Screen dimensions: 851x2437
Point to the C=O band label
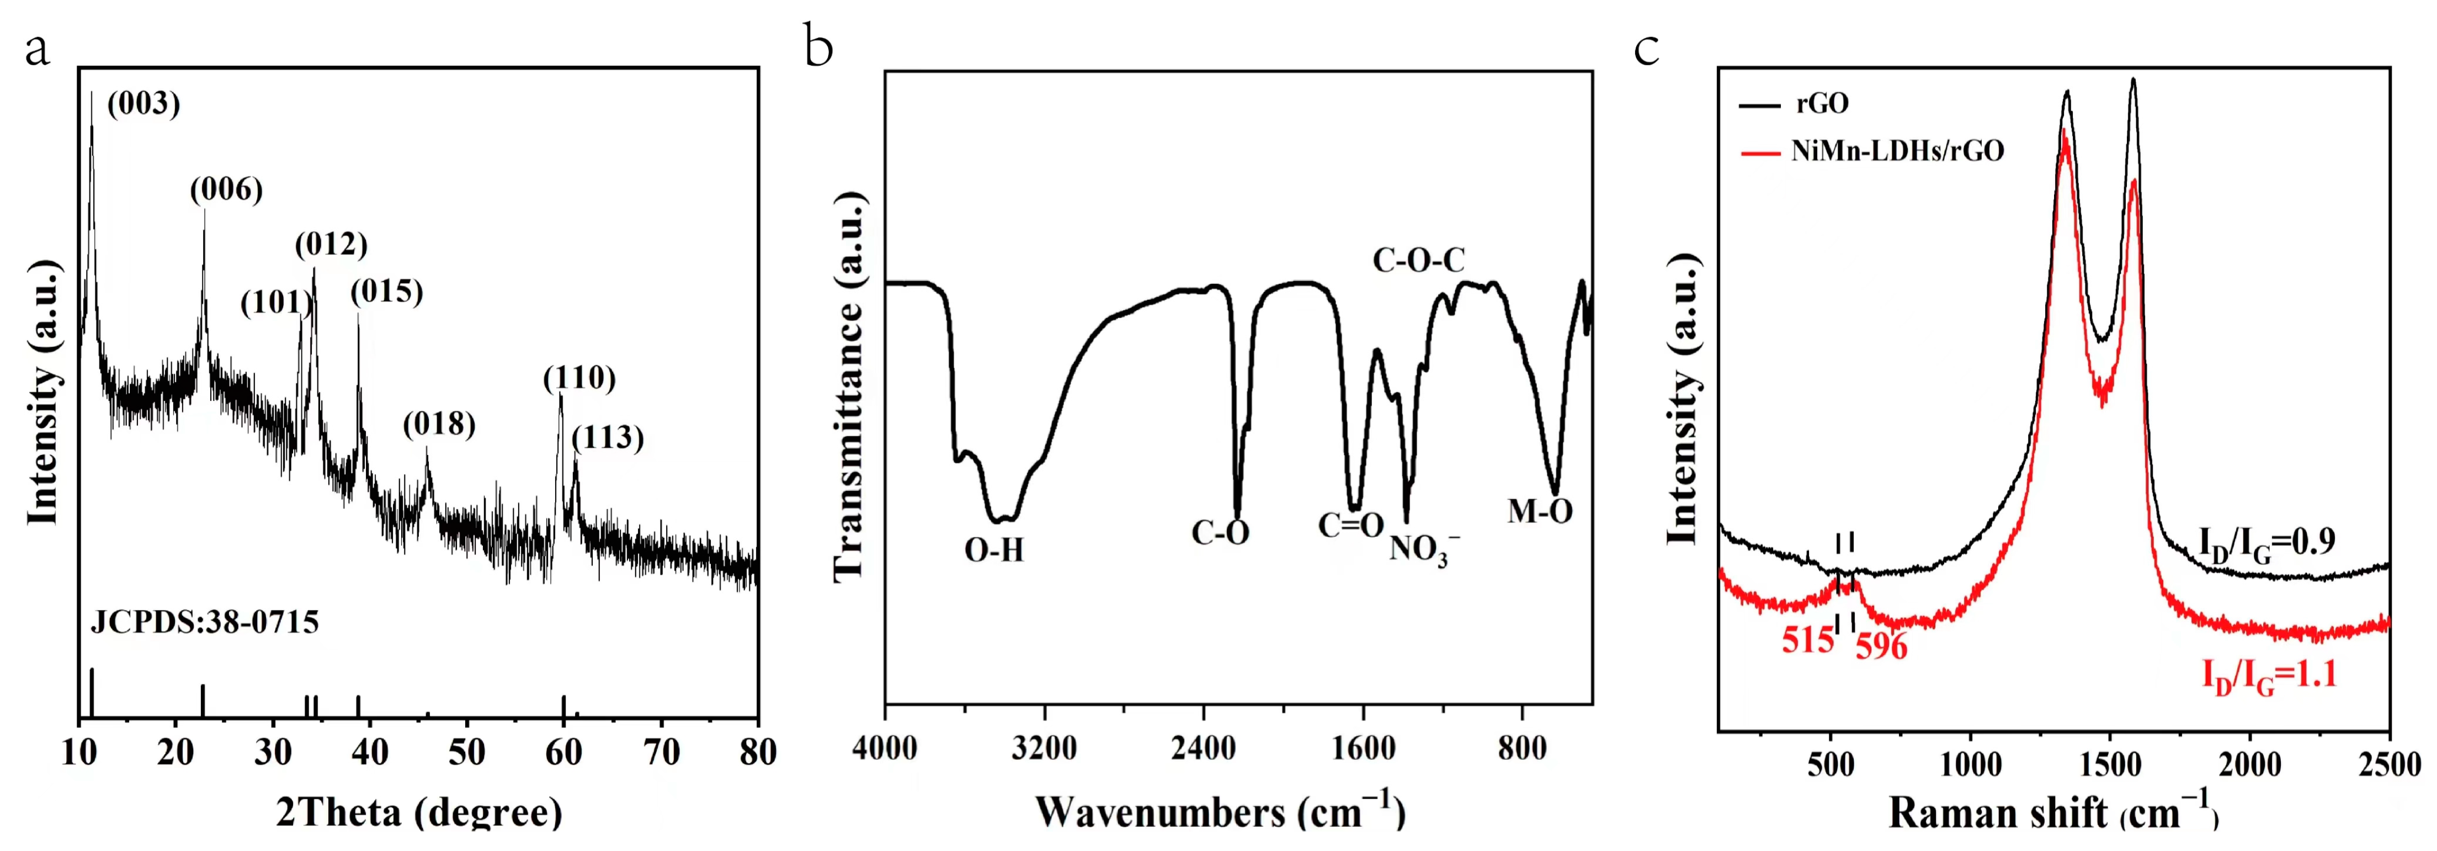click(1351, 525)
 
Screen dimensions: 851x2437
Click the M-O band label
click(1539, 512)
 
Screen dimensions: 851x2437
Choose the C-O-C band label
click(1418, 260)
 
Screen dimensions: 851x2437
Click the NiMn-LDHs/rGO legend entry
click(1897, 151)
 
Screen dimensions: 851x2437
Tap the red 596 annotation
click(1881, 647)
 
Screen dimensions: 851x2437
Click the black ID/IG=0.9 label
click(2266, 543)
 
